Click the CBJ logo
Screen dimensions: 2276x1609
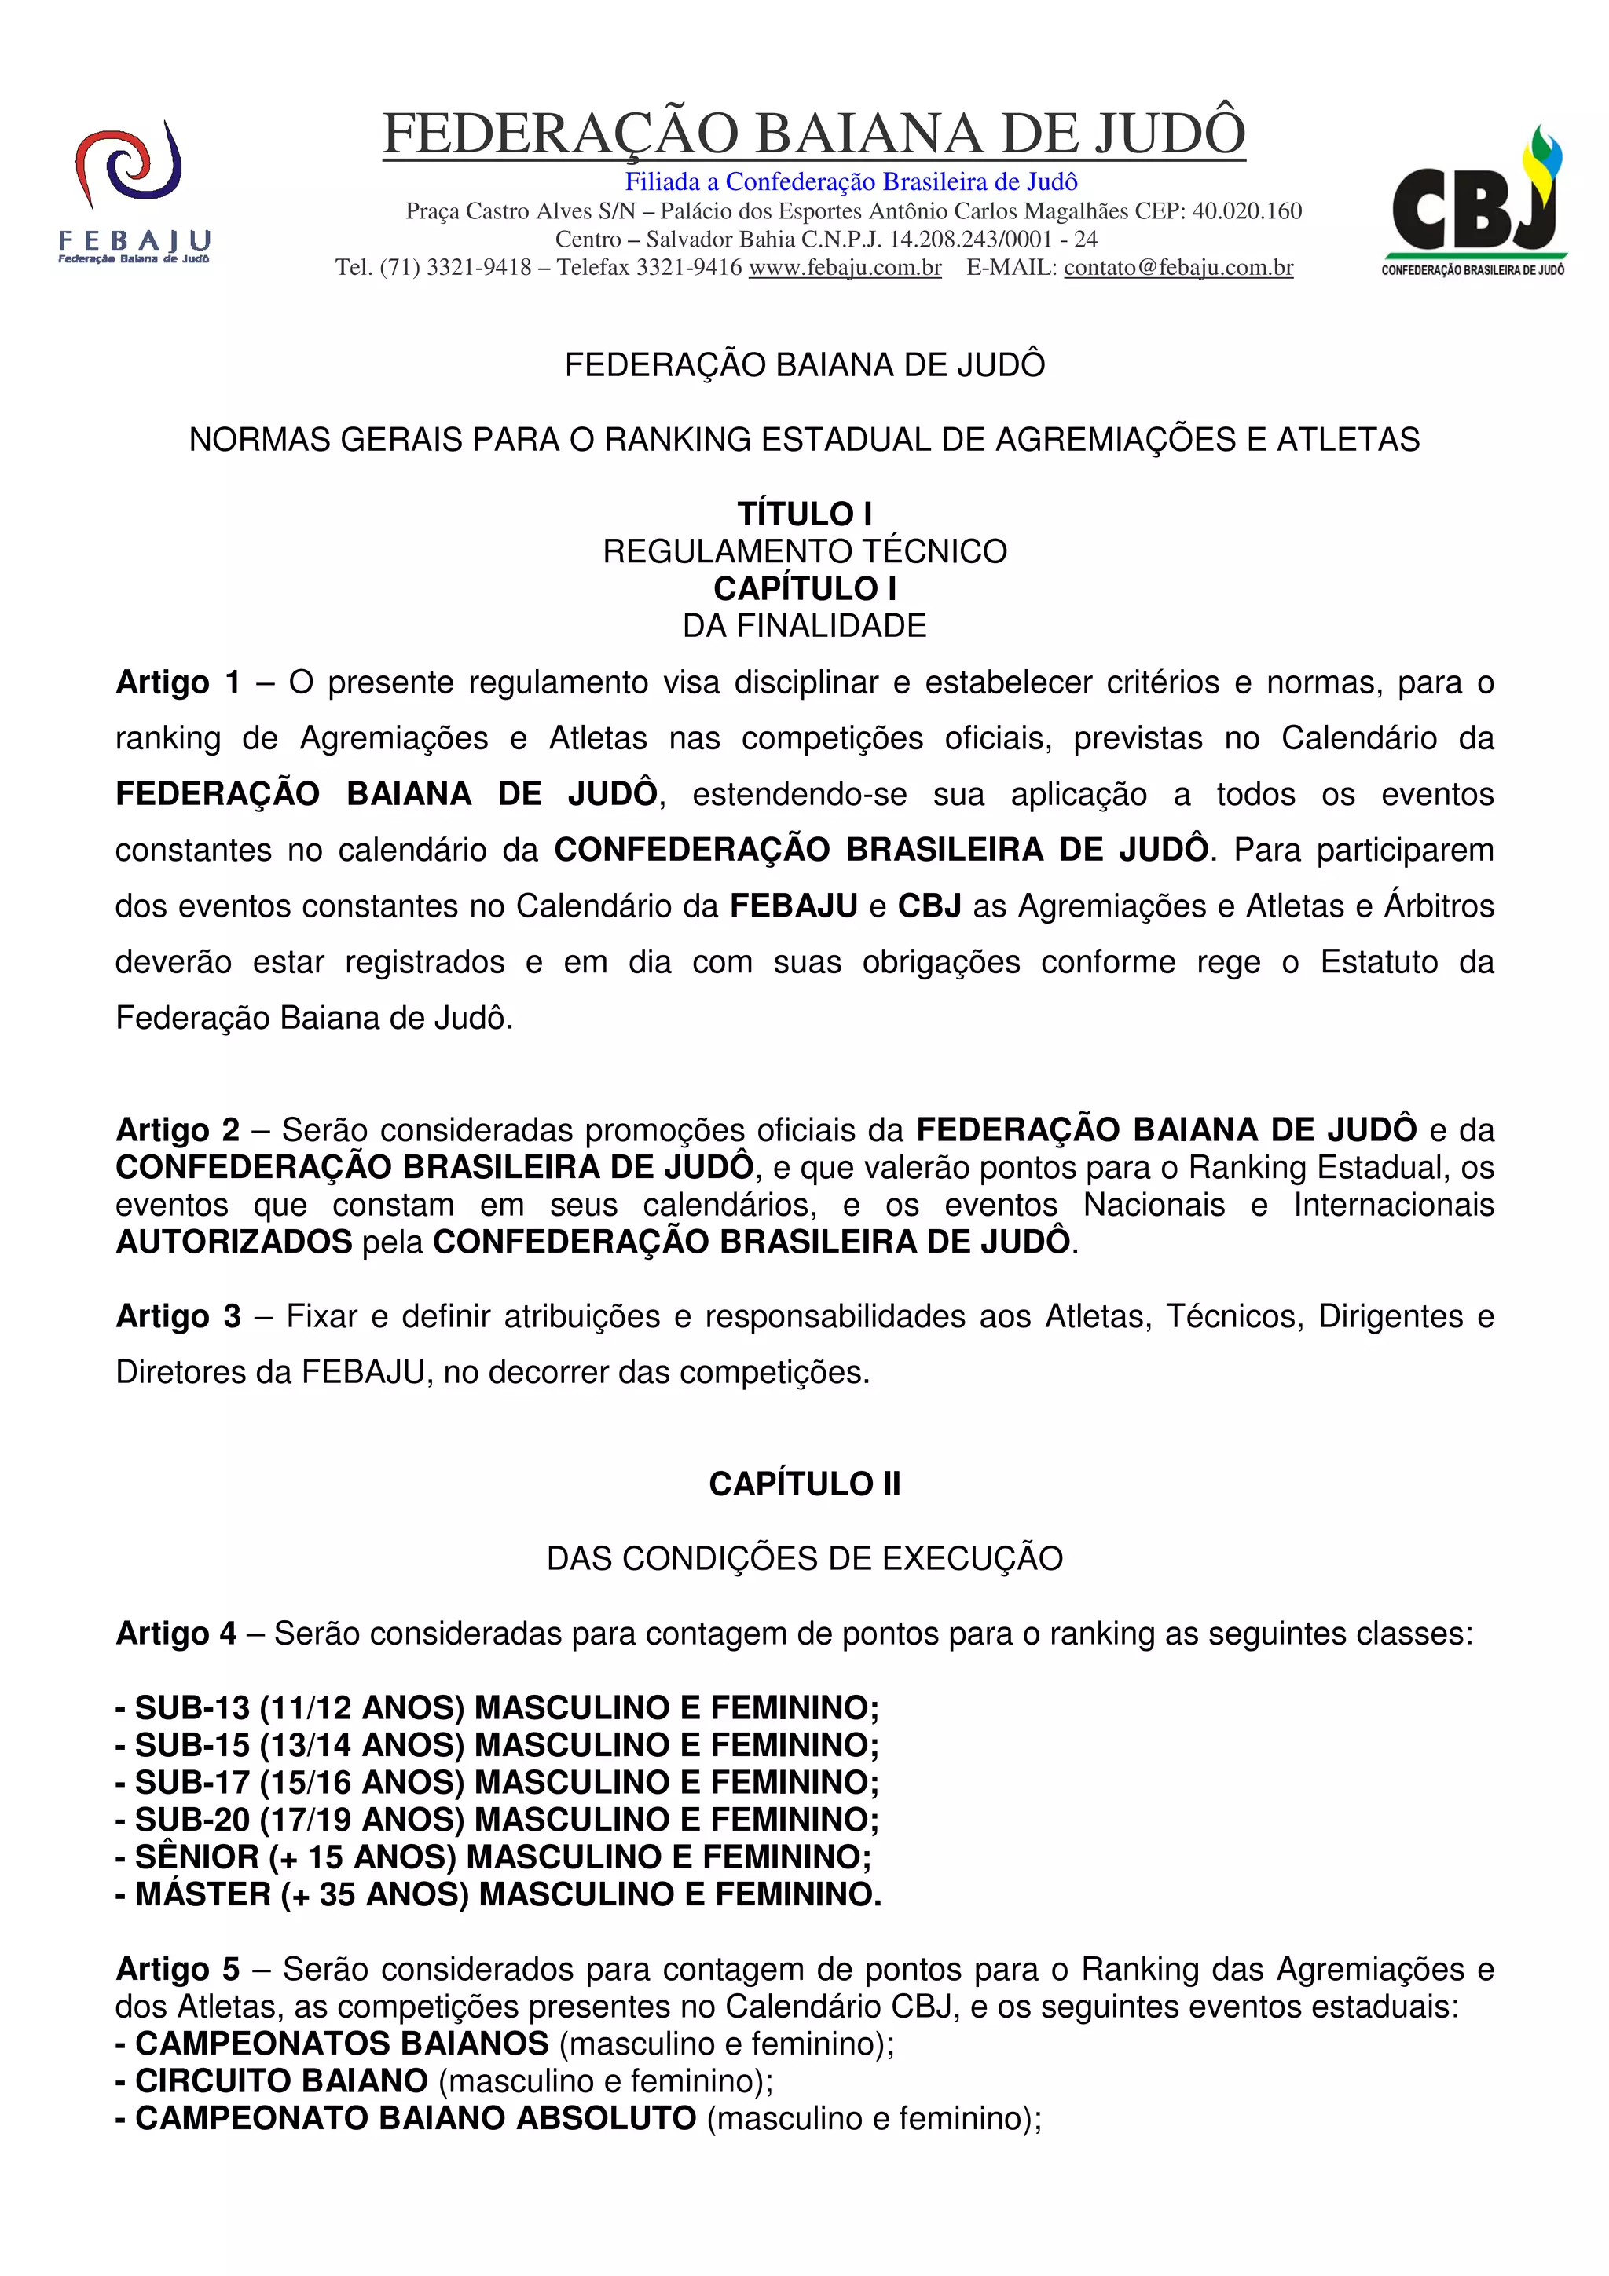[x=1474, y=198]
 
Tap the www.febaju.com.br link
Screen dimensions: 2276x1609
[x=845, y=268]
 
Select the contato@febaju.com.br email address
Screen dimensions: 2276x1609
[x=1178, y=268]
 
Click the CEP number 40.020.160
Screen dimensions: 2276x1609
[x=1246, y=211]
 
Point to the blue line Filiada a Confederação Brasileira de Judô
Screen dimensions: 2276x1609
[x=851, y=181]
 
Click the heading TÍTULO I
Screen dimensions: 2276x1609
[x=804, y=514]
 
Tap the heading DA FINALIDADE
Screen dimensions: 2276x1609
[x=804, y=625]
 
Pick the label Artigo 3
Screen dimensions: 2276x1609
[x=178, y=1315]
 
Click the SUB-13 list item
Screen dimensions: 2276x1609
[x=497, y=1707]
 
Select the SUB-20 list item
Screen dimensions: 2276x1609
[x=497, y=1819]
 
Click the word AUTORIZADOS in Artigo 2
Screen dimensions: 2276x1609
[x=234, y=1241]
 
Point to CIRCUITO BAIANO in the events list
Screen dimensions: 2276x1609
[x=281, y=2080]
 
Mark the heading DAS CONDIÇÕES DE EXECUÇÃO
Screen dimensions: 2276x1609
[x=804, y=1557]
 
